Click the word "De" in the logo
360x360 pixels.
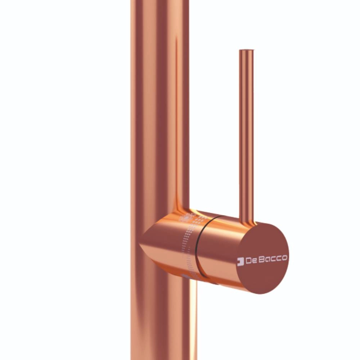click(x=250, y=260)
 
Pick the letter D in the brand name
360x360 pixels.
click(x=248, y=260)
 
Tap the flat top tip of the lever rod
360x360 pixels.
click(x=247, y=50)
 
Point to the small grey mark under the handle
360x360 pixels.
click(x=185, y=277)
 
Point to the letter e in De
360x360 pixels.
click(x=252, y=260)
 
